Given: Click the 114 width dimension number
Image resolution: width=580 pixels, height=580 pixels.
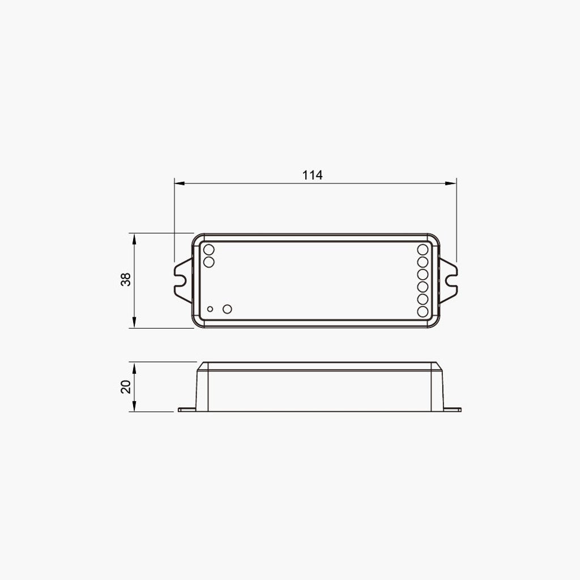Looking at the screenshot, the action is [313, 175].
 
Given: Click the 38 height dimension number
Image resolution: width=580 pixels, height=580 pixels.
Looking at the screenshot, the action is [126, 279].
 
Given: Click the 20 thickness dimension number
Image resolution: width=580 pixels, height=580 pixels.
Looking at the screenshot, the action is [126, 386].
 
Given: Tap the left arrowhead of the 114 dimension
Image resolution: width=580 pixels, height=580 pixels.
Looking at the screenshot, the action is [180, 183].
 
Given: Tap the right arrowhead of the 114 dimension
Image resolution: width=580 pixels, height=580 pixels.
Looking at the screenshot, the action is [451, 183].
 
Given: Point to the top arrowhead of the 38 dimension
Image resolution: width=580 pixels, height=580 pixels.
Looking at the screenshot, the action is [134, 238].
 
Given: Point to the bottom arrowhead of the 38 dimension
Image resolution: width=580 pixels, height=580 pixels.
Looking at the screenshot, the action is [134, 322].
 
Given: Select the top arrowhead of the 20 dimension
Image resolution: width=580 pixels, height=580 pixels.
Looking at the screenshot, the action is [134, 368].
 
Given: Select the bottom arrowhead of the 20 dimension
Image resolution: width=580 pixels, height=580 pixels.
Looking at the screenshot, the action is [134, 406].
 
